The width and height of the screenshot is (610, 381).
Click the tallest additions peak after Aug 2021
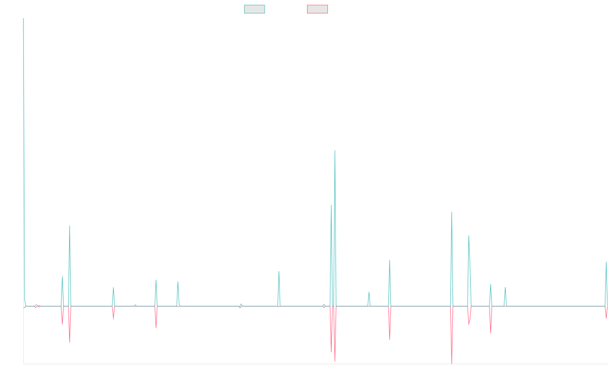click(x=335, y=151)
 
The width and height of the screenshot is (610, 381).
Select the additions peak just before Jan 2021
click(x=279, y=272)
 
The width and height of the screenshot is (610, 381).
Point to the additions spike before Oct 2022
click(x=389, y=261)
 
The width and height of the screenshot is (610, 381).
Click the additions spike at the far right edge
click(x=606, y=263)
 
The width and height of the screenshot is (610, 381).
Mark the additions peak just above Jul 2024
click(x=505, y=288)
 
